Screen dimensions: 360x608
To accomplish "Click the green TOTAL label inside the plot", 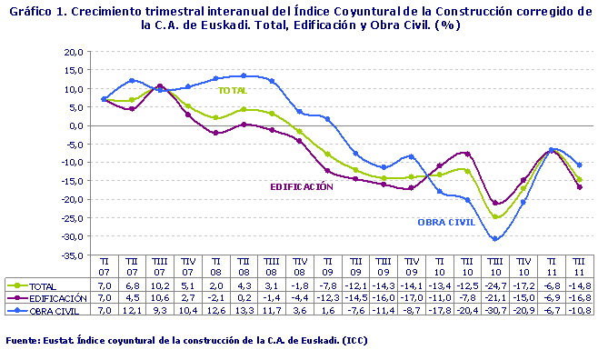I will point(233,90).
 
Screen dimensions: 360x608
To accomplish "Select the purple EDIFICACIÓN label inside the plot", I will point(301,186).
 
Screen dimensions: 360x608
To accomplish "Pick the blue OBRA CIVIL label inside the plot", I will point(446,222).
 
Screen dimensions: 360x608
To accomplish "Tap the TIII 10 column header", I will point(496,265).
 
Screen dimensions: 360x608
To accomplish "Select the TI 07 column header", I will point(105,265).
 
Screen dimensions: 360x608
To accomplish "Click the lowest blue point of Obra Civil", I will point(496,238).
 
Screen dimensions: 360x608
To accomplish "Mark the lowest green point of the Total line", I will point(496,216).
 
